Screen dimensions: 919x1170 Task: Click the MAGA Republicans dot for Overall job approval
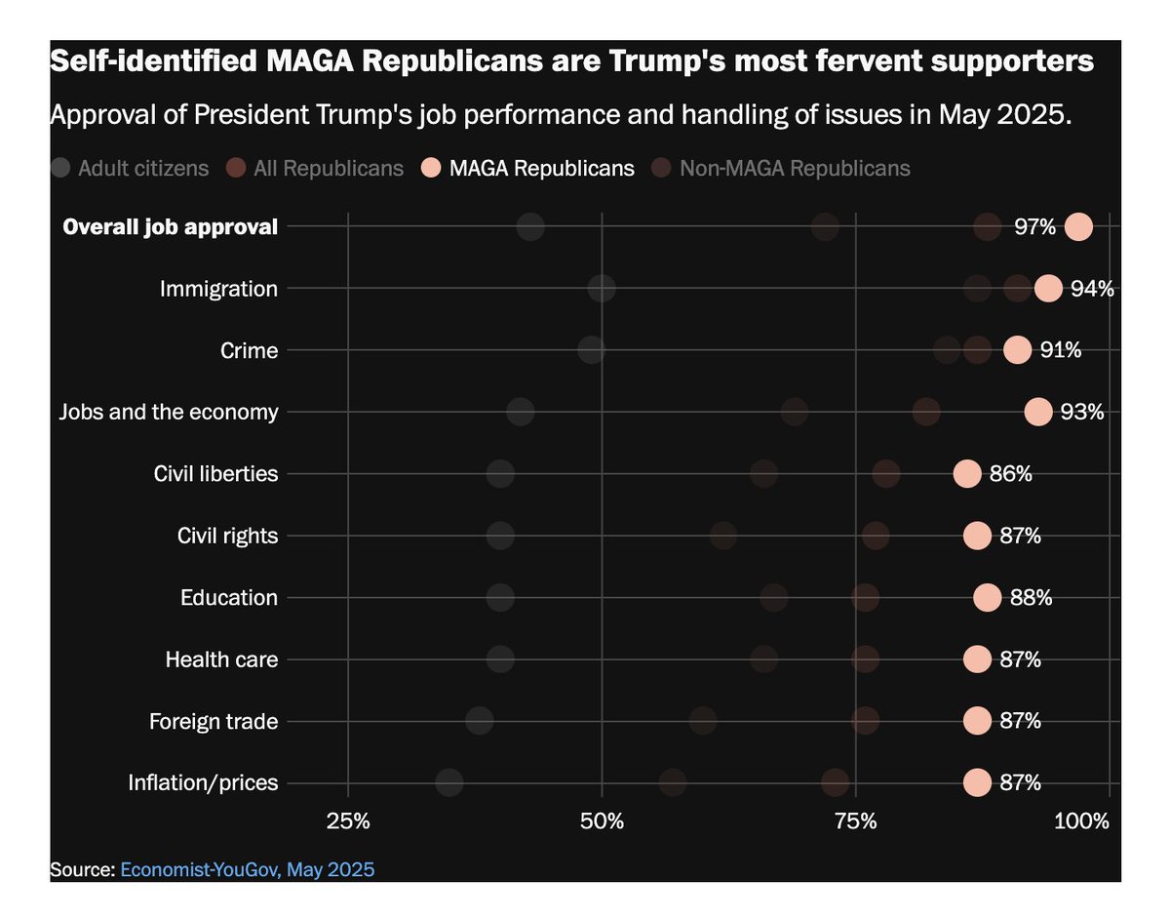[x=1078, y=227]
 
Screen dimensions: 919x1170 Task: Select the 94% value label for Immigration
[x=1091, y=289]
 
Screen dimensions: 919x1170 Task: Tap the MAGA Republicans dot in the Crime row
[x=1017, y=350]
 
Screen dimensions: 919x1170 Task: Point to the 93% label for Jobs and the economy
[x=1081, y=412]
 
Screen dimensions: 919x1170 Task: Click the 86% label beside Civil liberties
[x=1010, y=474]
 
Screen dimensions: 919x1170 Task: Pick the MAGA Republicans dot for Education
[x=987, y=598]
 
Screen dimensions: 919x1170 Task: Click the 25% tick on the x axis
[x=348, y=820]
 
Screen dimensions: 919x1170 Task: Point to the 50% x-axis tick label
[x=602, y=820]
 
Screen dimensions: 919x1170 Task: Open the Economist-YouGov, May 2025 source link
[x=247, y=869]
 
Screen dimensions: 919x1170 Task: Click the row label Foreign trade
[x=214, y=722]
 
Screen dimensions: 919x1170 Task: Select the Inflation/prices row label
[x=203, y=783]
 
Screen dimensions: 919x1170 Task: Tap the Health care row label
[x=221, y=659]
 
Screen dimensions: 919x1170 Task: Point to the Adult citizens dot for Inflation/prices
[x=449, y=782]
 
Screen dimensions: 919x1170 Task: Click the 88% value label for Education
[x=1031, y=598]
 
